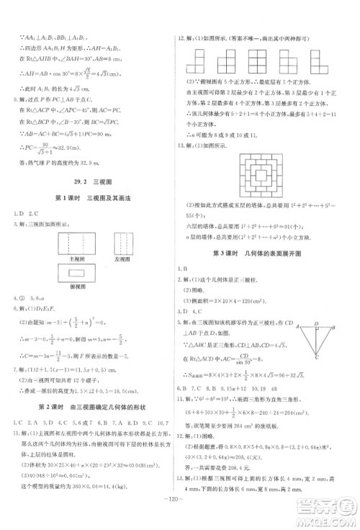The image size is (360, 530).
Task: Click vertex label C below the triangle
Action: (315, 356)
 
